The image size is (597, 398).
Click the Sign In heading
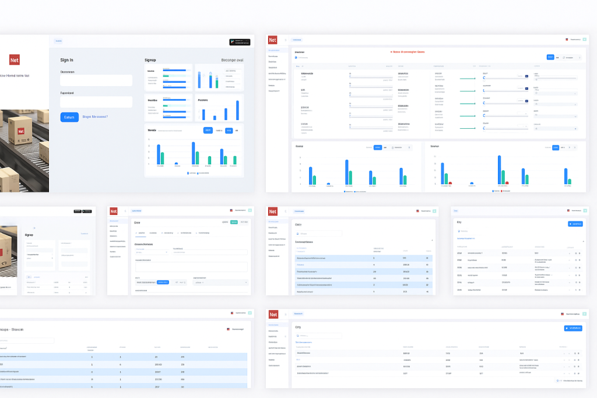point(67,60)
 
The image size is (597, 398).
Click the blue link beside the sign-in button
point(95,117)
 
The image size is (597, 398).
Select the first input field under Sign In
point(96,81)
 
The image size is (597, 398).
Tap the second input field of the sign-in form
point(96,102)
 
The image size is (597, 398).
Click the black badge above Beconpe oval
point(240,42)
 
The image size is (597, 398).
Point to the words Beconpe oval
point(232,60)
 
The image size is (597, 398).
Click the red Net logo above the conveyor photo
point(15,59)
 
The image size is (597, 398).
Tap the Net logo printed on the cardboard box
point(22,132)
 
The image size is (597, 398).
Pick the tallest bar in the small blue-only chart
point(237,110)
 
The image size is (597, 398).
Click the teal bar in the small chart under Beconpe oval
point(217,83)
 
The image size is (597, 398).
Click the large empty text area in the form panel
point(191,266)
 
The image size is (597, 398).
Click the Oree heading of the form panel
point(137,223)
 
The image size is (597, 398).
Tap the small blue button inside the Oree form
point(163,282)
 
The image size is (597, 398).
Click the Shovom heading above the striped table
point(14,329)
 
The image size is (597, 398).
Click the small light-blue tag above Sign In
point(58,41)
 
